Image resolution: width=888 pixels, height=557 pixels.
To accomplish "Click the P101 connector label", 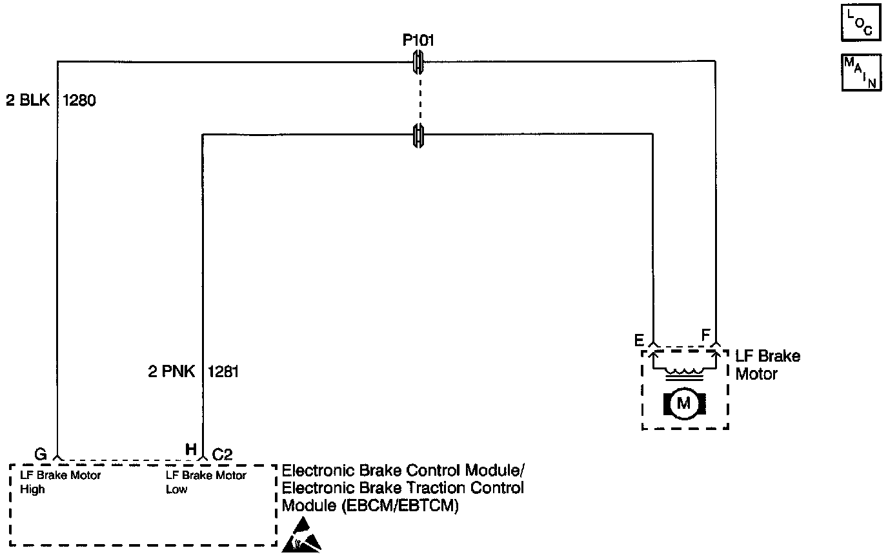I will pos(418,41).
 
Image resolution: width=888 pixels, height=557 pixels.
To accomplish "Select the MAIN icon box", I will pos(860,72).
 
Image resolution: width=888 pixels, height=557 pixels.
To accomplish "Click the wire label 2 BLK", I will pos(28,101).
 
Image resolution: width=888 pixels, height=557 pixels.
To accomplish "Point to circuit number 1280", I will pos(79,101).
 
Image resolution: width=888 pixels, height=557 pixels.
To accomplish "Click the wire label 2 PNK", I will pos(172,373).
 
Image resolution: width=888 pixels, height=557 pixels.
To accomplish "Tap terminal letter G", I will pos(41,454).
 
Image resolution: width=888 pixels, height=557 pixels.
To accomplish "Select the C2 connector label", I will pos(223,454).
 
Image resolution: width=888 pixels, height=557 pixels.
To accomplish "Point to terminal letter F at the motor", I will pos(705,335).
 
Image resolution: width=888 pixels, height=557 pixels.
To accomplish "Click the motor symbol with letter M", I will pos(684,404).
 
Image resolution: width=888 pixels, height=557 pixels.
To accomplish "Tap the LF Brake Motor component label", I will pos(768,365).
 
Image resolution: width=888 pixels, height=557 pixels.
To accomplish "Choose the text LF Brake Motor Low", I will pos(205,482).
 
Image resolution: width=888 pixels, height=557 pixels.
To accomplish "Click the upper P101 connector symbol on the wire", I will pos(418,63).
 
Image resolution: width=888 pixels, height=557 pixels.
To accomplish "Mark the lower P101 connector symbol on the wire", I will pos(418,135).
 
